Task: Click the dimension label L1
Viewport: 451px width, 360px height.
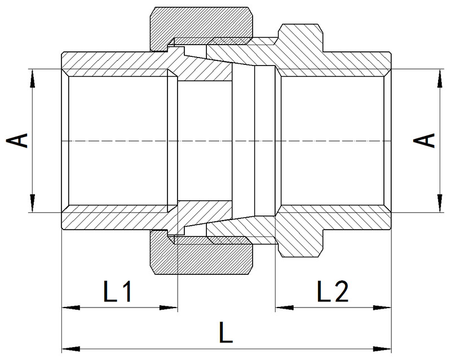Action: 117,292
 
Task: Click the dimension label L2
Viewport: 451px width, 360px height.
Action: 333,291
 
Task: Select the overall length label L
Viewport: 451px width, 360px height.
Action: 226,332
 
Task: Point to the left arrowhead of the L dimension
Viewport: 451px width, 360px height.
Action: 71,349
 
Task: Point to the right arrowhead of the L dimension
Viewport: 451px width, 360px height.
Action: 382,349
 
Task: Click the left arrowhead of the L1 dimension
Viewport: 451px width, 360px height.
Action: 71,308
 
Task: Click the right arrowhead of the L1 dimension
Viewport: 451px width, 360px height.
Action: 169,308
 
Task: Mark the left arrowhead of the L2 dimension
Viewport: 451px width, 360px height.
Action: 285,308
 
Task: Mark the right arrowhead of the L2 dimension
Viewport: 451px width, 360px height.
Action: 382,308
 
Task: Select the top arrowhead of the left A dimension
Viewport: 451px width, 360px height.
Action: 33,78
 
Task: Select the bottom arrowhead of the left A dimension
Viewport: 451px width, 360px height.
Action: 33,203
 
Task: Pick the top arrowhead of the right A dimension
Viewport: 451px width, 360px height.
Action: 440,78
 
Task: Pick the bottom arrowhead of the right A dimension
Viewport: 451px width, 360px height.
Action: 440,203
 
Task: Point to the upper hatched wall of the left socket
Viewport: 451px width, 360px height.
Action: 115,64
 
